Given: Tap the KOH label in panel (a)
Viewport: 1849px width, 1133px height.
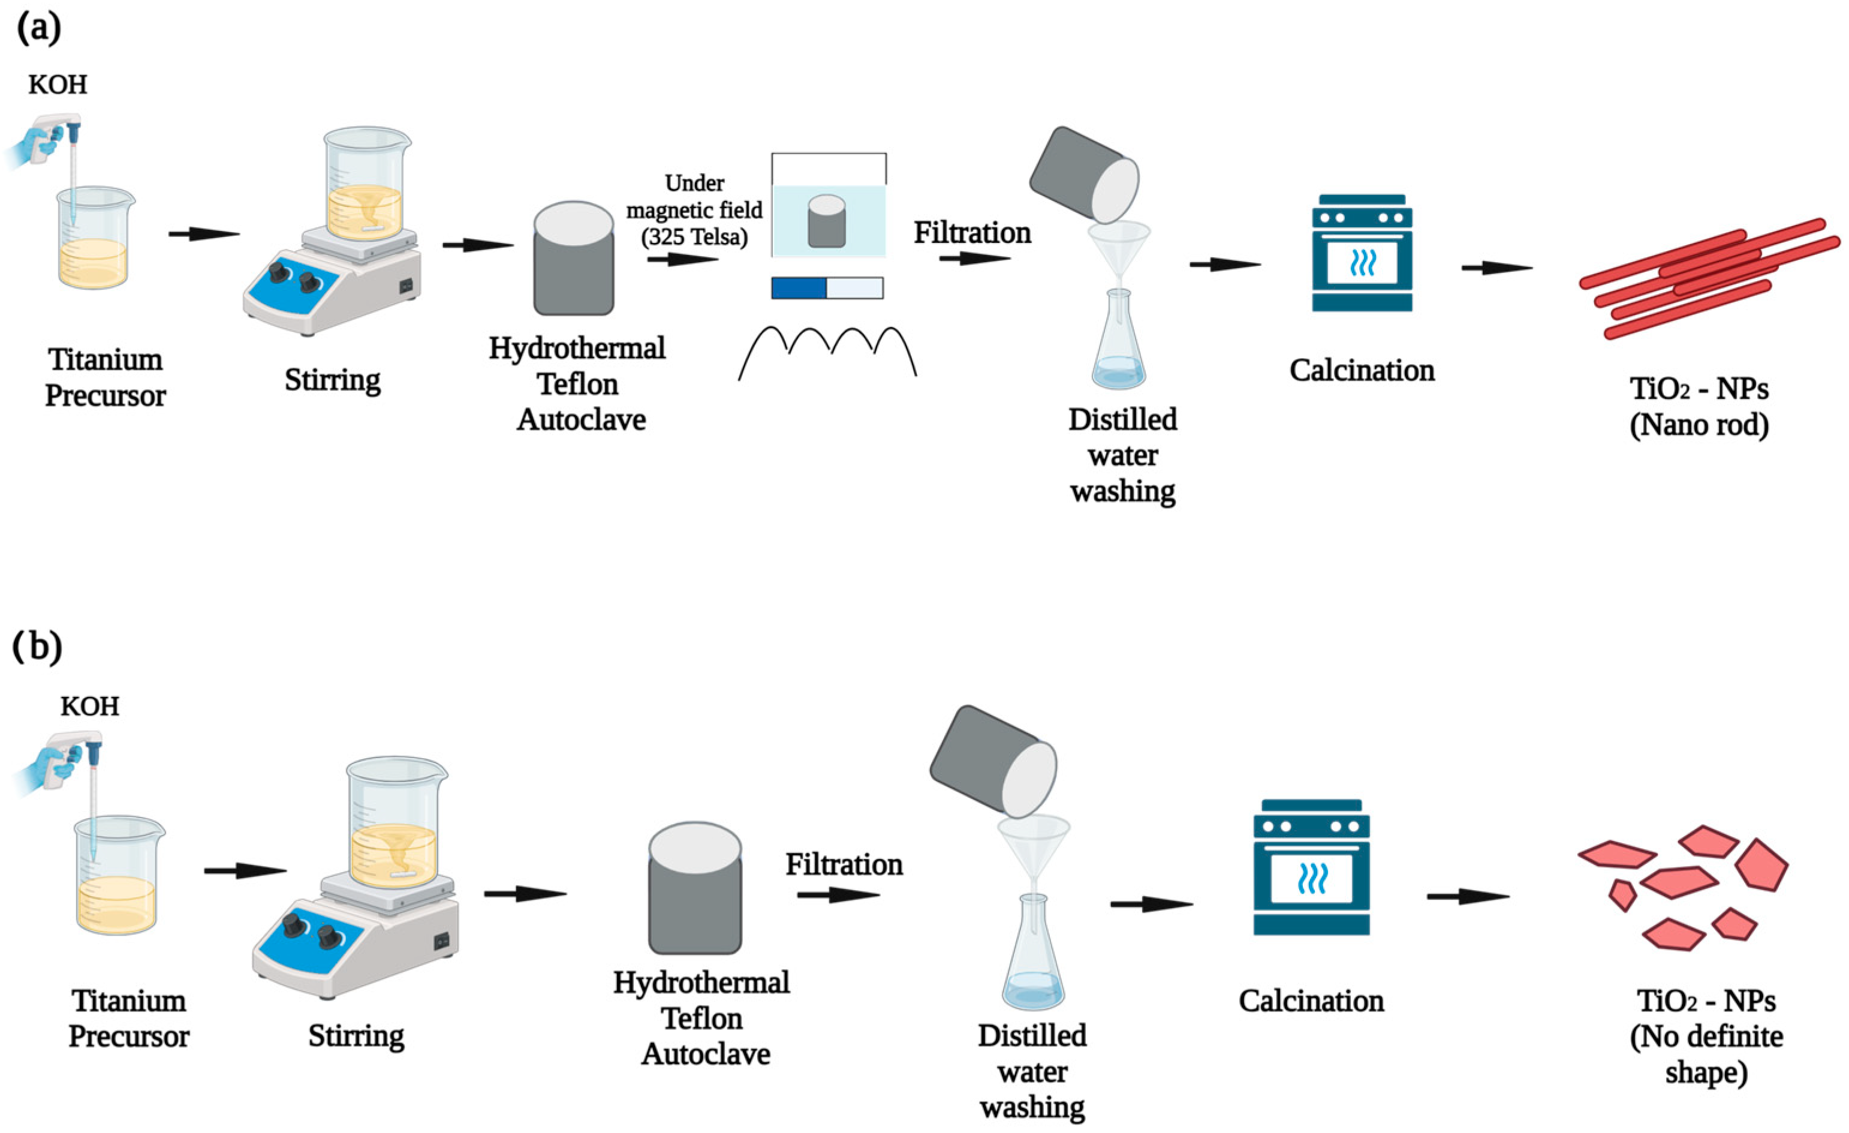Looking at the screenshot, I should click(x=58, y=85).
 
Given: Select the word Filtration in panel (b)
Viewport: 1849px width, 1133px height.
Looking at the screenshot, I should click(x=844, y=865).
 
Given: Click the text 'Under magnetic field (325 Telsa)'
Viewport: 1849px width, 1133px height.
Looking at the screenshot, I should click(x=694, y=211).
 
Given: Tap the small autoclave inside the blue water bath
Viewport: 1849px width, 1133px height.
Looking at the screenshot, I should click(x=827, y=221).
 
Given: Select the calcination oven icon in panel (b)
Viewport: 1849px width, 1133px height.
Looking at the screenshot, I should click(x=1311, y=867).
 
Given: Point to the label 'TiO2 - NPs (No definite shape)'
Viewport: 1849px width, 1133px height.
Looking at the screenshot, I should click(x=1706, y=1037).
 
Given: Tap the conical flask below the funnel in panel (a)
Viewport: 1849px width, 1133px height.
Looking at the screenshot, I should click(x=1119, y=349).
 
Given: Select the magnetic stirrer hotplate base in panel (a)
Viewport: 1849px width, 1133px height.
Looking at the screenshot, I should click(x=332, y=289).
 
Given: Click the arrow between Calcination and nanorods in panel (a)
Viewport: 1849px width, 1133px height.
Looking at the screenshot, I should click(x=1496, y=268).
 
